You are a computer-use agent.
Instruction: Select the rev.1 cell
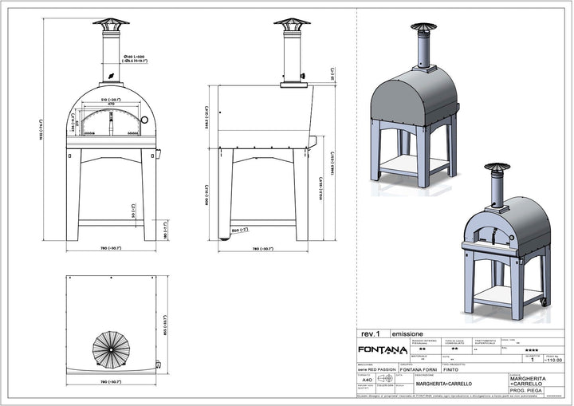[370, 333]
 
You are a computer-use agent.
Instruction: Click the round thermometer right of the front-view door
[143, 120]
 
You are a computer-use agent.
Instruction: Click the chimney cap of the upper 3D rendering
[419, 27]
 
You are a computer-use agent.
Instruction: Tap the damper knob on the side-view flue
[304, 78]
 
